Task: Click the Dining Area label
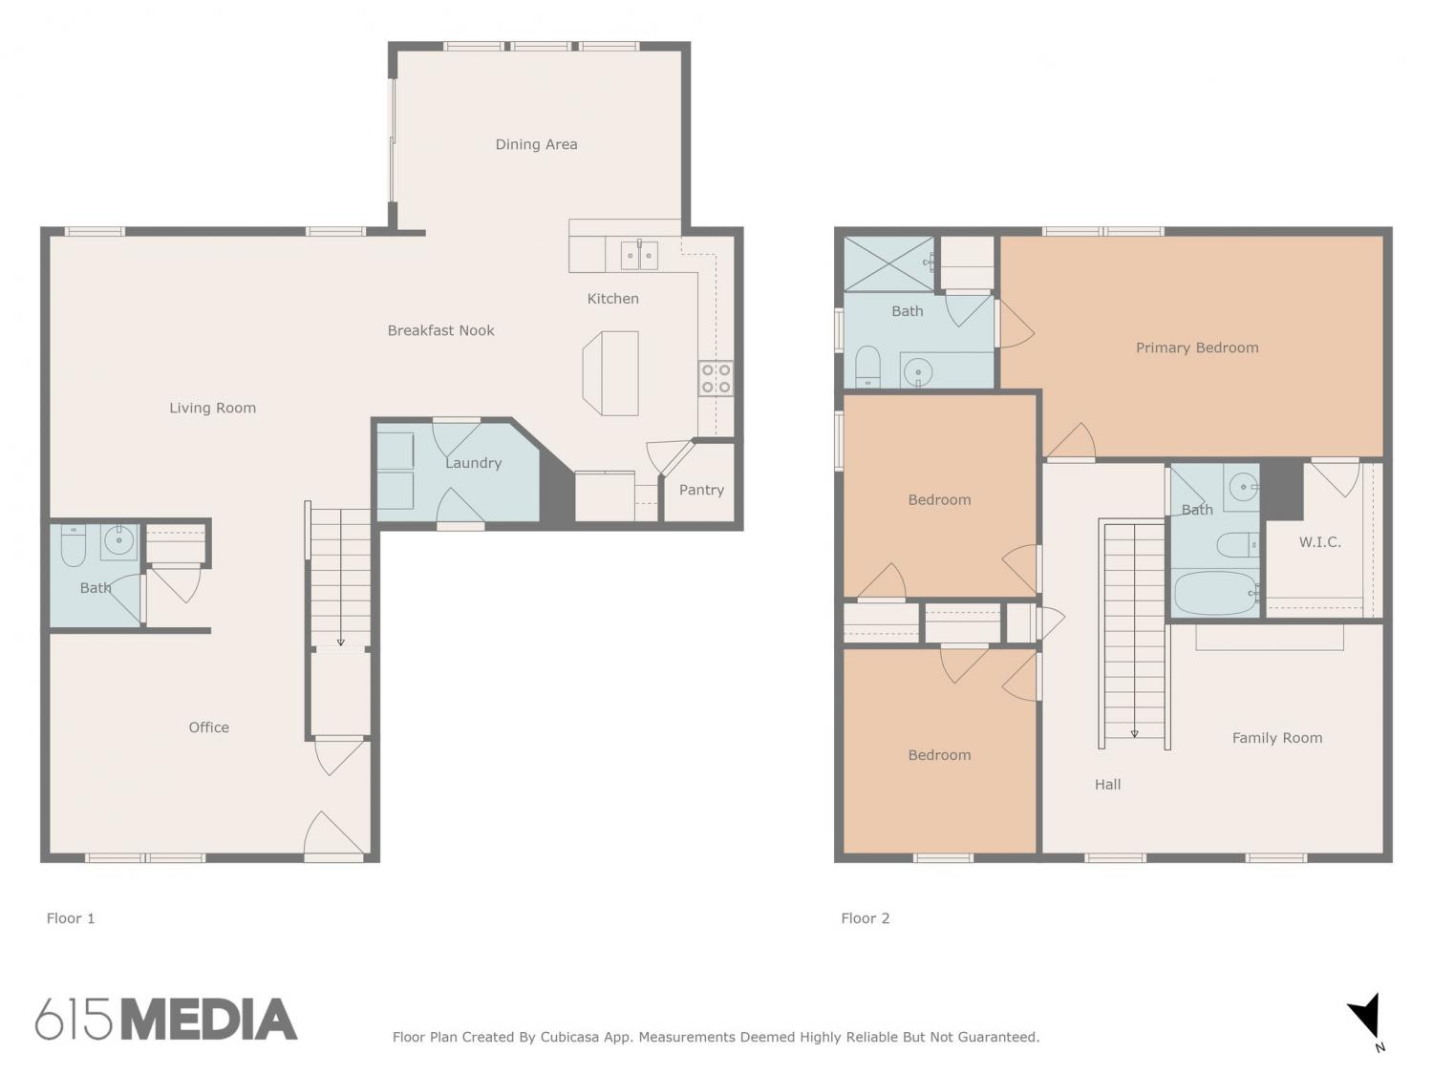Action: (536, 144)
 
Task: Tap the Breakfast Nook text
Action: (440, 330)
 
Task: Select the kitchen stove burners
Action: (716, 378)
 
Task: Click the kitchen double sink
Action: (638, 255)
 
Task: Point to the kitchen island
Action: (610, 373)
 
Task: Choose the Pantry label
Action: (701, 490)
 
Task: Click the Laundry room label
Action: (473, 463)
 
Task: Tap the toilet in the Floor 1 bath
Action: (74, 545)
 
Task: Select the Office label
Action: (209, 727)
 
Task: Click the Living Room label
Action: (212, 408)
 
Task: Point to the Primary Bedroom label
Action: (1197, 347)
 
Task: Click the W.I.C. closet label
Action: (1319, 542)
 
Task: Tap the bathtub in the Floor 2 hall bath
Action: (1215, 593)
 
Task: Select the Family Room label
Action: (1277, 738)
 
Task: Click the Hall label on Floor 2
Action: (1107, 785)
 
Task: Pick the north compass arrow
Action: (1364, 1017)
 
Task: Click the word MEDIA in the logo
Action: (210, 1020)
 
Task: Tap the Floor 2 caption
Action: (865, 918)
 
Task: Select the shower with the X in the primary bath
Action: (888, 264)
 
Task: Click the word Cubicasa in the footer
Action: (569, 1037)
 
